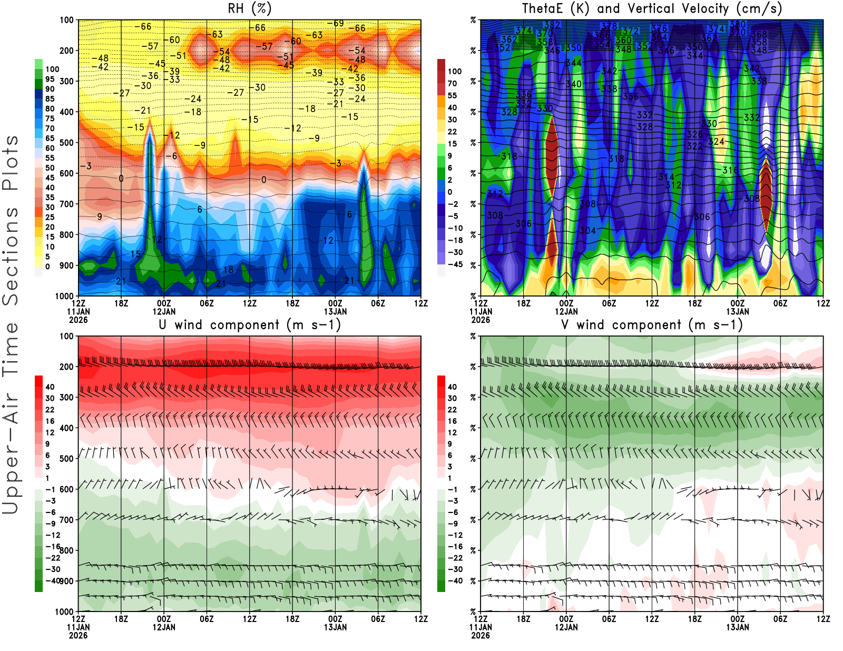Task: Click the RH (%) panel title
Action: click(x=250, y=8)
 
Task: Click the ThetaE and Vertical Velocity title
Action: click(x=652, y=8)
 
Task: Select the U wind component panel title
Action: click(x=250, y=324)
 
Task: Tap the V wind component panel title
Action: click(x=652, y=324)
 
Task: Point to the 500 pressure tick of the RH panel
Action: click(x=67, y=143)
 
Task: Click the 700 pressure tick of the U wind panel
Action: click(x=67, y=520)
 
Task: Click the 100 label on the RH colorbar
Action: click(x=52, y=69)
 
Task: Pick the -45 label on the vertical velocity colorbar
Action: click(x=455, y=264)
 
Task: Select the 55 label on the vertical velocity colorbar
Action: click(x=452, y=95)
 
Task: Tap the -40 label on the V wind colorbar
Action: click(x=455, y=581)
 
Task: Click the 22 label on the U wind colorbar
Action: click(x=50, y=410)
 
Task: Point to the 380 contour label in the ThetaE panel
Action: click(x=738, y=24)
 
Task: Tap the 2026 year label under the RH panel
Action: click(x=78, y=320)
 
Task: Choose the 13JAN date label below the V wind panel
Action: click(x=738, y=627)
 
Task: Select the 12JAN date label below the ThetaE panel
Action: click(x=566, y=311)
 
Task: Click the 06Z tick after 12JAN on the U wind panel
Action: click(x=207, y=619)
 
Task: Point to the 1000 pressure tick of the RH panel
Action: click(x=65, y=296)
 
